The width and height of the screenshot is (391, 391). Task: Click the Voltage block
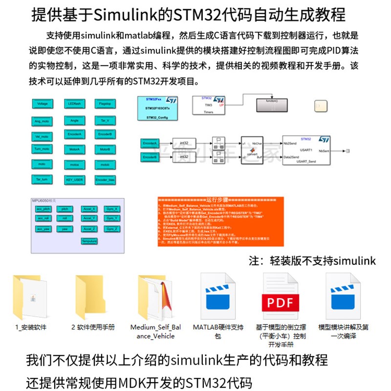click(43, 104)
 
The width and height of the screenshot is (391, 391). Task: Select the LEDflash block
click(74, 104)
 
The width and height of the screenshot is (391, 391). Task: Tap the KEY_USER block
click(74, 179)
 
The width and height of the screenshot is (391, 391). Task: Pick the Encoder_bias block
click(105, 179)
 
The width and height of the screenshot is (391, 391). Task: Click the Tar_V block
click(105, 120)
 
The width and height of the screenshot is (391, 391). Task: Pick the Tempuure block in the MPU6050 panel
click(89, 240)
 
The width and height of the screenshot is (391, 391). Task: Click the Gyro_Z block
click(111, 228)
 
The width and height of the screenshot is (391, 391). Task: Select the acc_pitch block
click(43, 209)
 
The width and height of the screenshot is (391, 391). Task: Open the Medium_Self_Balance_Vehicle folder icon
click(154, 298)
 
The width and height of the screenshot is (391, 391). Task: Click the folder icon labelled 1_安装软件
click(31, 298)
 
